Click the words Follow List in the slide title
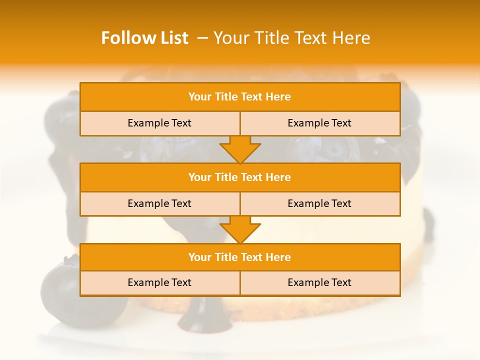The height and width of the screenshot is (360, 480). click(144, 38)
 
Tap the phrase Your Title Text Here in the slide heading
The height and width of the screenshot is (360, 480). click(291, 38)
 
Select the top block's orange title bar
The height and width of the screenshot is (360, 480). click(240, 97)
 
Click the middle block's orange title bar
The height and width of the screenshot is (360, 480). click(240, 177)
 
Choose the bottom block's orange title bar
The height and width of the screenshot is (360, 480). click(240, 257)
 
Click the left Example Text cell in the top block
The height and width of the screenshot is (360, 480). click(159, 123)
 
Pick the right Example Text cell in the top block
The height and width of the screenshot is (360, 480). click(319, 123)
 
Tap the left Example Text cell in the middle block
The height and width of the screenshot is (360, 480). click(159, 204)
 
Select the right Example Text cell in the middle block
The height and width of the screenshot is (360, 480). click(319, 204)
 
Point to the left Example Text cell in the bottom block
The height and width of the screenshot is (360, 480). click(159, 283)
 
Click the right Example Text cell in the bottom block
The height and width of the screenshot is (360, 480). click(319, 283)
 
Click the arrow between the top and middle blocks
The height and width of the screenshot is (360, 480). click(240, 149)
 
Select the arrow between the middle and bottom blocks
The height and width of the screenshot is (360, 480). click(240, 229)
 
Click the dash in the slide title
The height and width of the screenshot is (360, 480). click(202, 38)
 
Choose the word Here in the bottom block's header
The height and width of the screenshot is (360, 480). click(278, 257)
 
